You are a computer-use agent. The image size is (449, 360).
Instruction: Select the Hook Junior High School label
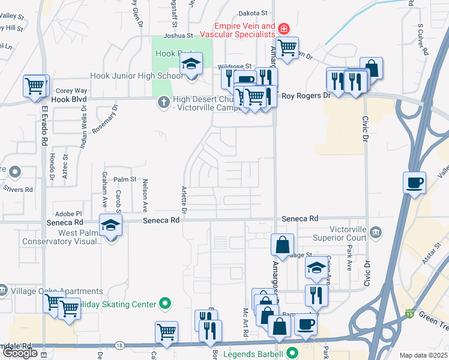click(x=136, y=76)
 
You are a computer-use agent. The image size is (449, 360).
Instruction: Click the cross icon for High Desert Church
click(x=163, y=101)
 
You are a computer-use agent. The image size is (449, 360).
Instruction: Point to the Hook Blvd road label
click(x=69, y=99)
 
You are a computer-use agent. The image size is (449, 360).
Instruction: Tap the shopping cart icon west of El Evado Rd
click(x=35, y=86)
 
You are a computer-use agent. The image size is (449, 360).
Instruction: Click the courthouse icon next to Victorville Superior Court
click(x=376, y=232)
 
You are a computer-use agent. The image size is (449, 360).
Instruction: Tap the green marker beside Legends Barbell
click(x=292, y=353)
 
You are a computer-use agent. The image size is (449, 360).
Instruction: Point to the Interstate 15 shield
click(x=409, y=313)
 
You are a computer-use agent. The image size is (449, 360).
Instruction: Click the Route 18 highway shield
click(x=120, y=346)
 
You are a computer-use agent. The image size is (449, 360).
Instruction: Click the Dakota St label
click(x=253, y=13)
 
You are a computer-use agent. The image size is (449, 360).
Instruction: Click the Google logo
click(x=20, y=353)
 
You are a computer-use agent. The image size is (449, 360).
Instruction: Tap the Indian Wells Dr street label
click(x=84, y=127)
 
